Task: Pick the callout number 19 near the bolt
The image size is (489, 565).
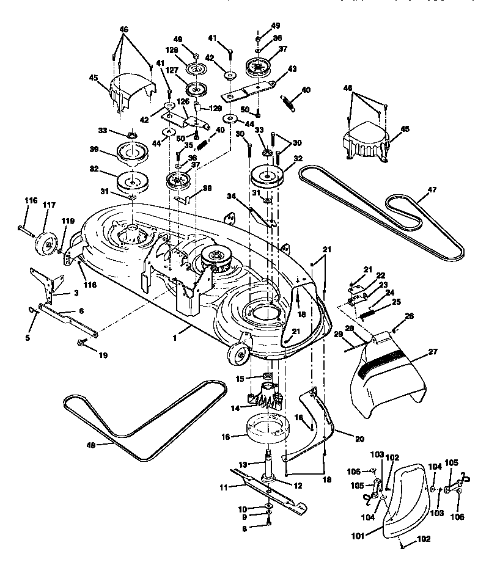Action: click(103, 354)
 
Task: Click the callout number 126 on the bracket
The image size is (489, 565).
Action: click(182, 101)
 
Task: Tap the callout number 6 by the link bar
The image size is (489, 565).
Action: click(81, 311)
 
